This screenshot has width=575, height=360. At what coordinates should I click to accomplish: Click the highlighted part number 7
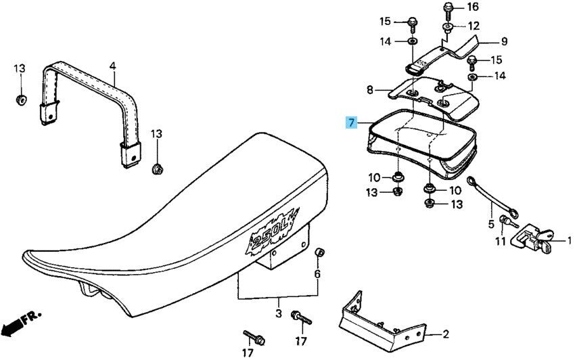point(351,123)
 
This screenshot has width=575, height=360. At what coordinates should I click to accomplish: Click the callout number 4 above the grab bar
point(113,66)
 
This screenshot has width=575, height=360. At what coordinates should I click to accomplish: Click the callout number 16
point(472,7)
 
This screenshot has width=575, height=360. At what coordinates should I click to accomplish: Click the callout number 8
point(370,89)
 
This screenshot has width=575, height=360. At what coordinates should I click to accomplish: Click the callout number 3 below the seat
point(278,314)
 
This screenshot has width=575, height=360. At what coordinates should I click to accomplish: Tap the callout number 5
point(491,223)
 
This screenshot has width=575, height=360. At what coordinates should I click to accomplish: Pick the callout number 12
point(473,26)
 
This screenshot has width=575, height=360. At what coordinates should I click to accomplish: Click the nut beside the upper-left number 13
point(20,101)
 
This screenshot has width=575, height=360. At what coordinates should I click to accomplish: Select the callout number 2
point(446,334)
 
